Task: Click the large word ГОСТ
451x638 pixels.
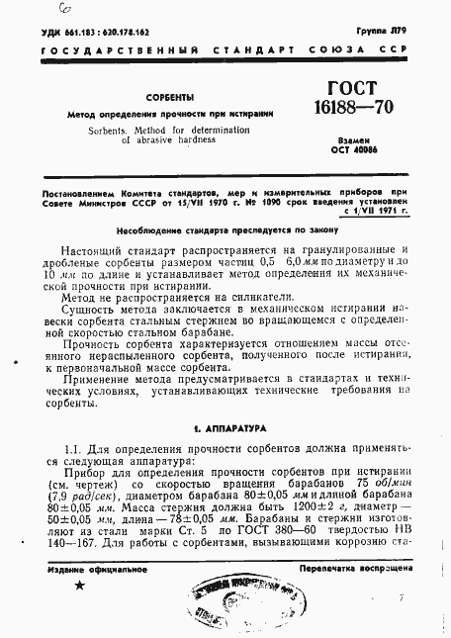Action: pyautogui.click(x=357, y=89)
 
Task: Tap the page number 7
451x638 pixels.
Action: pyautogui.click(x=402, y=599)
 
